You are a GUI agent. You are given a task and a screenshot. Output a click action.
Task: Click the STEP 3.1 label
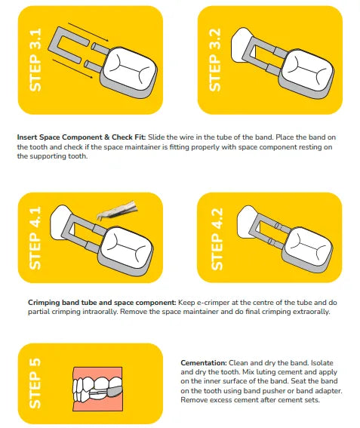35,60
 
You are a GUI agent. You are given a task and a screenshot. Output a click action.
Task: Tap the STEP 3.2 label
215,60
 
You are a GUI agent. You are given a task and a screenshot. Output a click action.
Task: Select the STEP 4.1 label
35,238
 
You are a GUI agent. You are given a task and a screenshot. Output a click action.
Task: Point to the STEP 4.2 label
217,239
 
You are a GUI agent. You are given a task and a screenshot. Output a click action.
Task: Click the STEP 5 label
35,383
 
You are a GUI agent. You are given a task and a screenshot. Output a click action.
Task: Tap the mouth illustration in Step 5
97,389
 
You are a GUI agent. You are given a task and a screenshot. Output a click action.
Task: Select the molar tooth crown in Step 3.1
129,69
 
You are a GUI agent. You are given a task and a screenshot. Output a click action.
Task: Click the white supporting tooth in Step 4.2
247,222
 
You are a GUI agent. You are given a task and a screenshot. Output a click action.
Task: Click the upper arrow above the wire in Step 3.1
88,32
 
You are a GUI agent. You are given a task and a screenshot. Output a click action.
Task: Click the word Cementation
204,363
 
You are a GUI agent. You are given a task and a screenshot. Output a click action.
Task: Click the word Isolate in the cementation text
322,363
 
